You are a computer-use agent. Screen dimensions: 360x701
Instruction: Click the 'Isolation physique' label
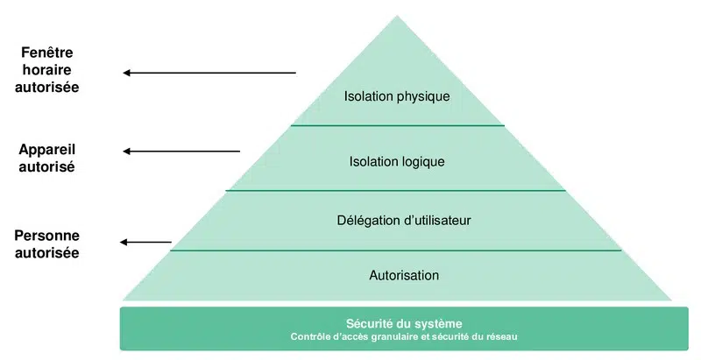[397, 96]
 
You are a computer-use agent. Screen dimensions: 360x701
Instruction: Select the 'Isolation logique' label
[397, 161]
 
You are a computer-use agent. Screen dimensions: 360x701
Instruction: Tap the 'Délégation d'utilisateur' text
[404, 220]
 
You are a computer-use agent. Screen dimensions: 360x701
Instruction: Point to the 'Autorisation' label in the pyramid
[404, 275]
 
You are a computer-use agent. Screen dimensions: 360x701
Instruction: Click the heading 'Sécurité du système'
[404, 323]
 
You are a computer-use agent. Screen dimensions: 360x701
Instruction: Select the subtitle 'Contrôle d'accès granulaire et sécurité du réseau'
[404, 336]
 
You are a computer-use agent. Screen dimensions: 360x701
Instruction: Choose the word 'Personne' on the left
[46, 236]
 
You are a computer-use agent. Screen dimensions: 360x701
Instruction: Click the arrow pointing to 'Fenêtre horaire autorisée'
[209, 73]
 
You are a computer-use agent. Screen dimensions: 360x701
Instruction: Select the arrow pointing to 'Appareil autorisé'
[181, 152]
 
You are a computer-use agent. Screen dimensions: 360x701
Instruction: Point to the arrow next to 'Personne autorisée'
[146, 242]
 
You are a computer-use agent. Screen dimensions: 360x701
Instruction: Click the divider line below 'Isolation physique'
[397, 125]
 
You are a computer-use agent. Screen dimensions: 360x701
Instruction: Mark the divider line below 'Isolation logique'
[396, 190]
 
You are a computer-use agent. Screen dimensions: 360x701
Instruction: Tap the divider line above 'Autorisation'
[396, 251]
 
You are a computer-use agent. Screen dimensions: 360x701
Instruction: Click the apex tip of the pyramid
[397, 16]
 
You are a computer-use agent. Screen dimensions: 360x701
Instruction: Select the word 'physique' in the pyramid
[422, 96]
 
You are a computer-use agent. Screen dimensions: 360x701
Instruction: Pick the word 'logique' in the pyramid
[423, 161]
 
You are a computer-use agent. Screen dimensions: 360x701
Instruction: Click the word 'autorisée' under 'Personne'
[46, 253]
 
